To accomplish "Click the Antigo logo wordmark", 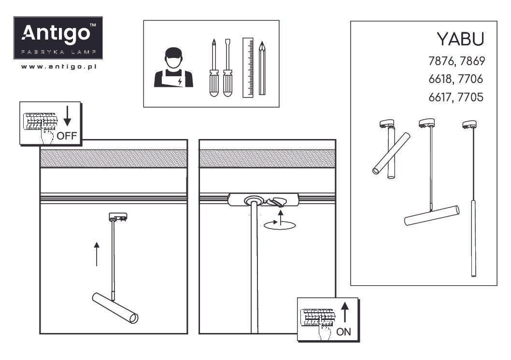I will click(x=56, y=33).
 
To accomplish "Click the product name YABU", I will click(x=460, y=39).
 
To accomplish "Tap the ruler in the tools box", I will click(x=248, y=68).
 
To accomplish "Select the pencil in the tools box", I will click(x=262, y=69).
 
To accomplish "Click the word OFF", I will click(x=67, y=135).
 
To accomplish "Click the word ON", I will click(x=343, y=332).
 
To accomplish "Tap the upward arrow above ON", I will click(x=345, y=312).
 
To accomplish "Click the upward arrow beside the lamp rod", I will click(x=97, y=254).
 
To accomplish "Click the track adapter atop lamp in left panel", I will click(x=118, y=217).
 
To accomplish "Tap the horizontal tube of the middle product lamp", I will click(x=432, y=216).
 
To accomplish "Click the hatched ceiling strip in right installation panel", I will click(x=267, y=158).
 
